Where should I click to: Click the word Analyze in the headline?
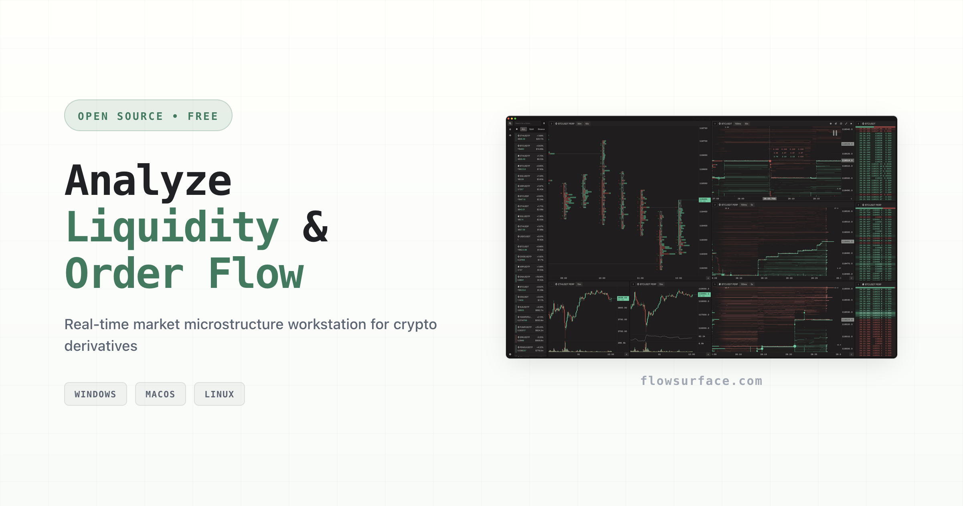[148, 181]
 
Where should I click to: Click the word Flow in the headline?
[257, 274]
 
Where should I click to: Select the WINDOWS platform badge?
[95, 394]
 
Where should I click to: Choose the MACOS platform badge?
[160, 394]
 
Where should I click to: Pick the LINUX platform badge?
[219, 394]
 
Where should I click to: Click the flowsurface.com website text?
[701, 381]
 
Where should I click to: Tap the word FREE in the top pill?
[203, 116]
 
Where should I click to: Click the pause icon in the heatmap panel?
[835, 133]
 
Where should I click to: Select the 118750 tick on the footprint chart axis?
[704, 128]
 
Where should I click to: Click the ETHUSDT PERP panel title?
[566, 284]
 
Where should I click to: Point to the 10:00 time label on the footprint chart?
[602, 278]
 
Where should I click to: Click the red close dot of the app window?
[509, 119]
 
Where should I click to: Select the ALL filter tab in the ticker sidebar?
[523, 129]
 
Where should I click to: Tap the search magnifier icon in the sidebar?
[510, 123]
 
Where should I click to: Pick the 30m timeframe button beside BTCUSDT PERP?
[579, 123]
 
